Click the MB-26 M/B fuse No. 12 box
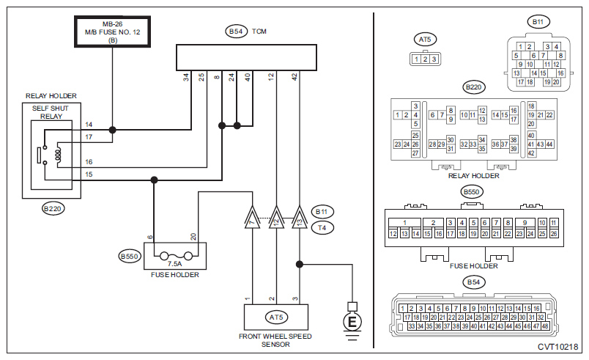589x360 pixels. tap(113, 32)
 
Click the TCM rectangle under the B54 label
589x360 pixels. tap(246, 57)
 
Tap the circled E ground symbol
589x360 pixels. tap(352, 322)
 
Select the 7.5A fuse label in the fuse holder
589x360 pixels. tap(174, 264)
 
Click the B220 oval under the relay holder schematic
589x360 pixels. tap(53, 208)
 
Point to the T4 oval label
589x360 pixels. tap(322, 228)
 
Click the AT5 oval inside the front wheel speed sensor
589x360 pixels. tap(276, 317)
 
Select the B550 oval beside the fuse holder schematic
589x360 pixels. tap(130, 257)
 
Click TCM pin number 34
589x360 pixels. tap(186, 78)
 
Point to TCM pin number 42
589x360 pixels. tap(295, 77)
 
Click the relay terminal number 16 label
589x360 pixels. tap(89, 162)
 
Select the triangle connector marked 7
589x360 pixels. tap(252, 217)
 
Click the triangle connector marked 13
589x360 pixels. tap(300, 217)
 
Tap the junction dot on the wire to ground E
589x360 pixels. tap(300, 264)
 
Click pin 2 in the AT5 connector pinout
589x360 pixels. tap(425, 59)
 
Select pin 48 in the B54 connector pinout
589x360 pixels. tap(545, 326)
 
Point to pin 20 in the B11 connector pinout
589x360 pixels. tap(556, 82)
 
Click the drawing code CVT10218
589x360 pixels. tap(557, 347)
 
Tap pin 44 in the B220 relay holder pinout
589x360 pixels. tap(549, 144)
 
